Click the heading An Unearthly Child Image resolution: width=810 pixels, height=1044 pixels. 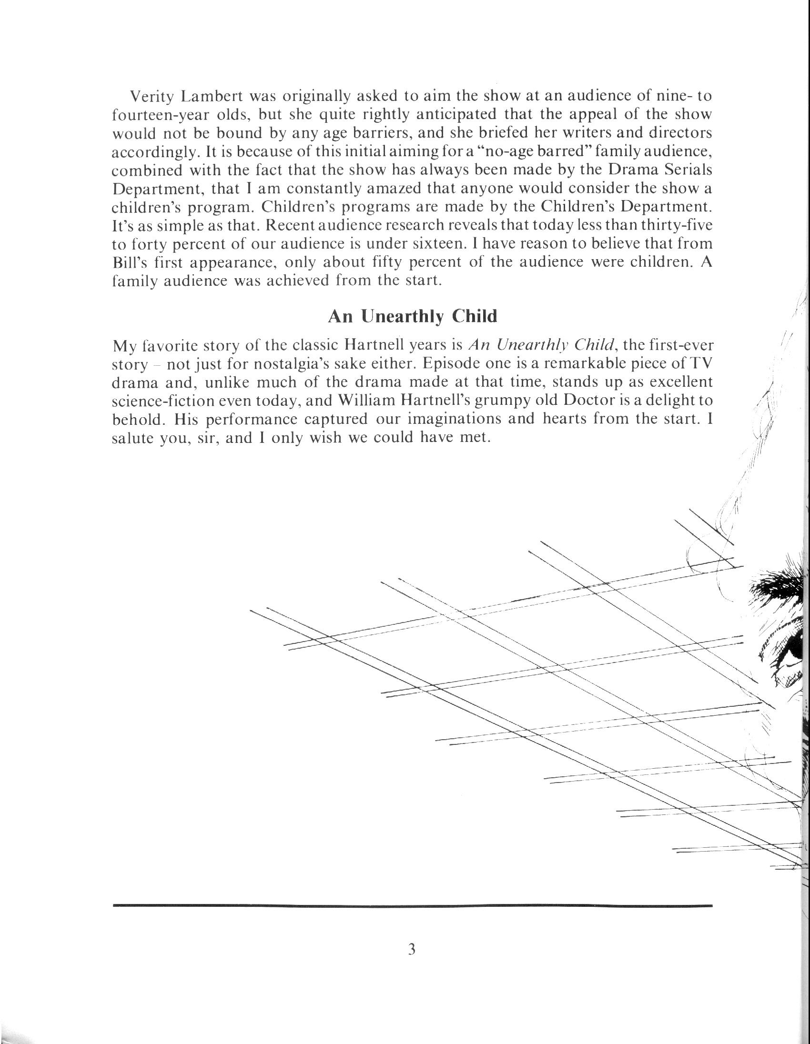pos(412,316)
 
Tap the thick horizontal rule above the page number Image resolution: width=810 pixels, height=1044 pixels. pos(412,905)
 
